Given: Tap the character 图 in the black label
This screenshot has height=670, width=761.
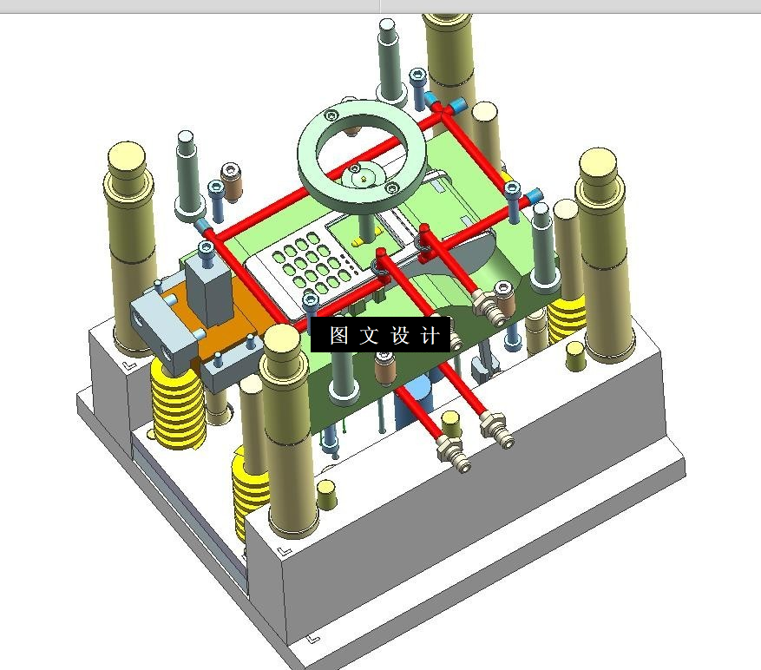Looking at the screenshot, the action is pos(338,335).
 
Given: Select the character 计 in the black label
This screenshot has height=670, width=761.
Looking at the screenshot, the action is pos(430,335).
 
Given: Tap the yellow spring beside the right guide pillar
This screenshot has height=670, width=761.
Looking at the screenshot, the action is pos(567,318).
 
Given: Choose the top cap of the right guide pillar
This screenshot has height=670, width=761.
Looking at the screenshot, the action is pos(598,164).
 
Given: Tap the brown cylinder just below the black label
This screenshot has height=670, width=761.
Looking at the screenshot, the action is pos(385,367).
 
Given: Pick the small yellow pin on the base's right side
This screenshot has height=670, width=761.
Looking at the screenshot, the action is pos(575,356).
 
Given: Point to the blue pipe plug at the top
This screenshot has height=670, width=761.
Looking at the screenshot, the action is pos(456,105).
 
